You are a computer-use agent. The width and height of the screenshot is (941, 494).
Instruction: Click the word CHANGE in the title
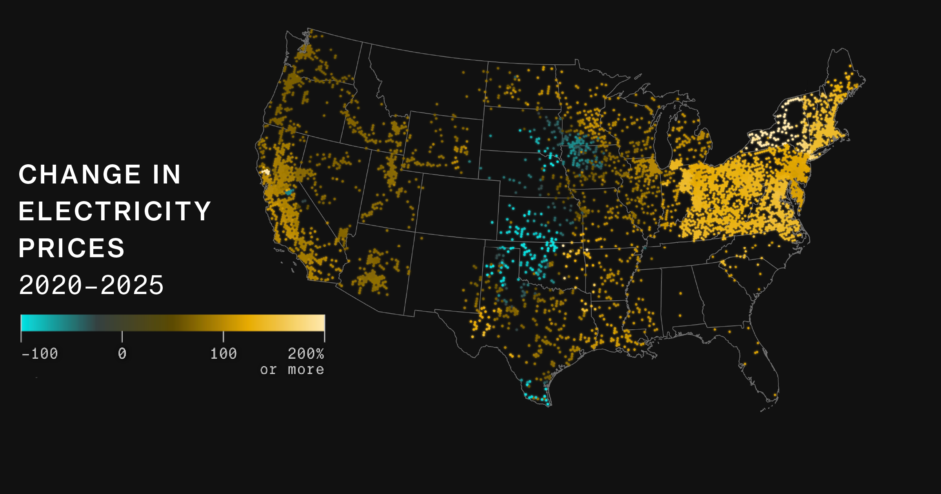point(80,174)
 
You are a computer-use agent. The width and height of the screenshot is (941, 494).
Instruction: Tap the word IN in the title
point(167,174)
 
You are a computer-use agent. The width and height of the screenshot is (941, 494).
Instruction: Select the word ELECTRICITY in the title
point(115,211)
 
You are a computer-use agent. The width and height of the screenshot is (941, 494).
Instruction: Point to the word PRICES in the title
point(71,248)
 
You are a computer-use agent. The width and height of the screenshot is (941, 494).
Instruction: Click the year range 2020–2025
point(91,285)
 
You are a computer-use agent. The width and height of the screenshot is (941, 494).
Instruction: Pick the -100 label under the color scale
point(40,354)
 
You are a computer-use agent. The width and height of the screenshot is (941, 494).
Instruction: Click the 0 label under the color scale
point(122,354)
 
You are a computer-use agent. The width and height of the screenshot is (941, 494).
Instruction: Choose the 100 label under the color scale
point(223,354)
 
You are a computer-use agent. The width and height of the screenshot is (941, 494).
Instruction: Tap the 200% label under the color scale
point(306,354)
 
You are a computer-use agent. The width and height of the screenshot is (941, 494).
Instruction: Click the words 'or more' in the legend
point(292,370)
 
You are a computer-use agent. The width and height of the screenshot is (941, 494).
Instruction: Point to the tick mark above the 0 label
point(122,336)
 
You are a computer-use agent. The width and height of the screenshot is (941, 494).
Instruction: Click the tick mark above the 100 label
point(223,336)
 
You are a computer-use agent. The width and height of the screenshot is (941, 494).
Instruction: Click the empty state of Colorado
point(457,206)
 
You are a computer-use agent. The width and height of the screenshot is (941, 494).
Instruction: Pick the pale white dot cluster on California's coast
point(266,172)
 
